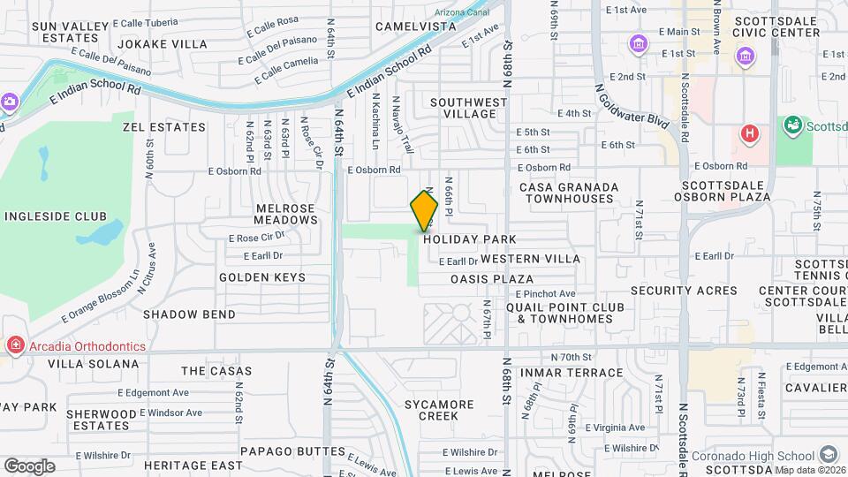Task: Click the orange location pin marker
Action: pos(424,211)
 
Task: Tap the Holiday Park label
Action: pos(469,239)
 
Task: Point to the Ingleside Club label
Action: pos(56,216)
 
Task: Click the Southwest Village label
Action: pos(469,108)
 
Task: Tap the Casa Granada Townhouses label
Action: pos(566,193)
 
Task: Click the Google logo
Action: pos(29,466)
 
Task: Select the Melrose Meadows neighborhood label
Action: pos(273,214)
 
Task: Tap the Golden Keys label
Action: pos(262,277)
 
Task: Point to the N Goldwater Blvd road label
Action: pos(630,116)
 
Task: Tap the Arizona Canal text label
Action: pos(463,12)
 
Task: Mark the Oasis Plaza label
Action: pos(492,278)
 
